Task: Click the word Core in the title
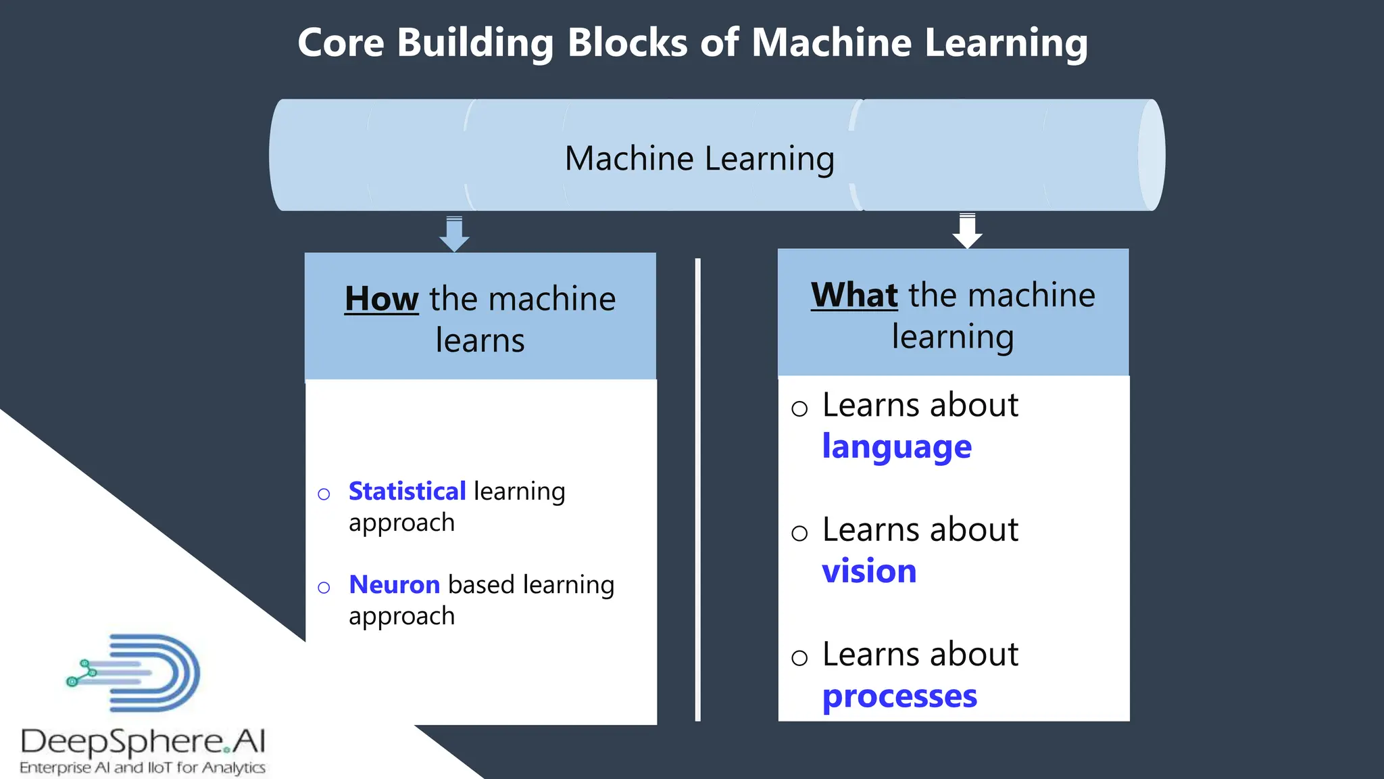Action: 341,43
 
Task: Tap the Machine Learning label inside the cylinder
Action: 699,158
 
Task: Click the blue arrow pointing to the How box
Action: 454,235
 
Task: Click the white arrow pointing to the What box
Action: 967,231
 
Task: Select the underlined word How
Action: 381,299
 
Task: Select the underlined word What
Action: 854,296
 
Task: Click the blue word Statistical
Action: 407,491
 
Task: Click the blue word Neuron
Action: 394,584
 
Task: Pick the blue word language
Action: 896,448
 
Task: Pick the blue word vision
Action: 869,571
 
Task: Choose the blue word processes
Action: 899,697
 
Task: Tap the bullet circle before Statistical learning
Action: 324,494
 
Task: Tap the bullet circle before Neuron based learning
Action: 324,588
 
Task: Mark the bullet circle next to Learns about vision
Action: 799,534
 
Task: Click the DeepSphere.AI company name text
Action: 143,741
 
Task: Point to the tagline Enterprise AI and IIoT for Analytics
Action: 143,768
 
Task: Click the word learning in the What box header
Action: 952,337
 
